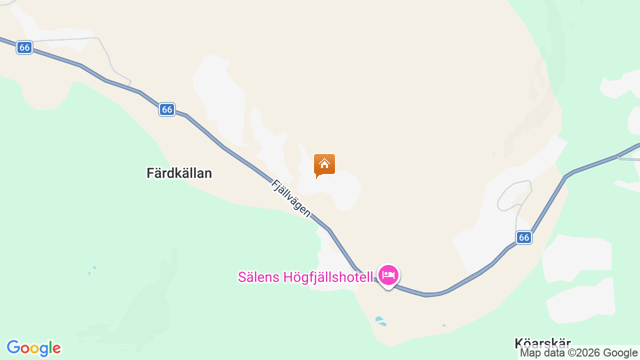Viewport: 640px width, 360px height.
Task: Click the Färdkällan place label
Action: click(179, 173)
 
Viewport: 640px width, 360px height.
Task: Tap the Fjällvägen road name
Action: click(290, 198)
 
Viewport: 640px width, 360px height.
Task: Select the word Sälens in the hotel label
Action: click(259, 277)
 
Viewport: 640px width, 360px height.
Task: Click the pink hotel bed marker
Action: click(388, 274)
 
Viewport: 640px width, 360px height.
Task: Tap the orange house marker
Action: click(324, 164)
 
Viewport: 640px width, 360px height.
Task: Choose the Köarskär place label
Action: click(542, 343)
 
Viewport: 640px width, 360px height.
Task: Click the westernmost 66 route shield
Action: click(24, 47)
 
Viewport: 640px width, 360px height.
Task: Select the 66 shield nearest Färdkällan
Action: click(167, 109)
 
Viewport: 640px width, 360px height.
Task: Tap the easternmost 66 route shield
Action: click(524, 237)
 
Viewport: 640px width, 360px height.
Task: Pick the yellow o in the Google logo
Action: click(33, 348)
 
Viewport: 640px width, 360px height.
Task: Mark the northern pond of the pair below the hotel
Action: click(379, 318)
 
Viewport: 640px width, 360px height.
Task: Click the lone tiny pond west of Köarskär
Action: click(444, 326)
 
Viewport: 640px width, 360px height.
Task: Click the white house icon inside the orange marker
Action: click(324, 163)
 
